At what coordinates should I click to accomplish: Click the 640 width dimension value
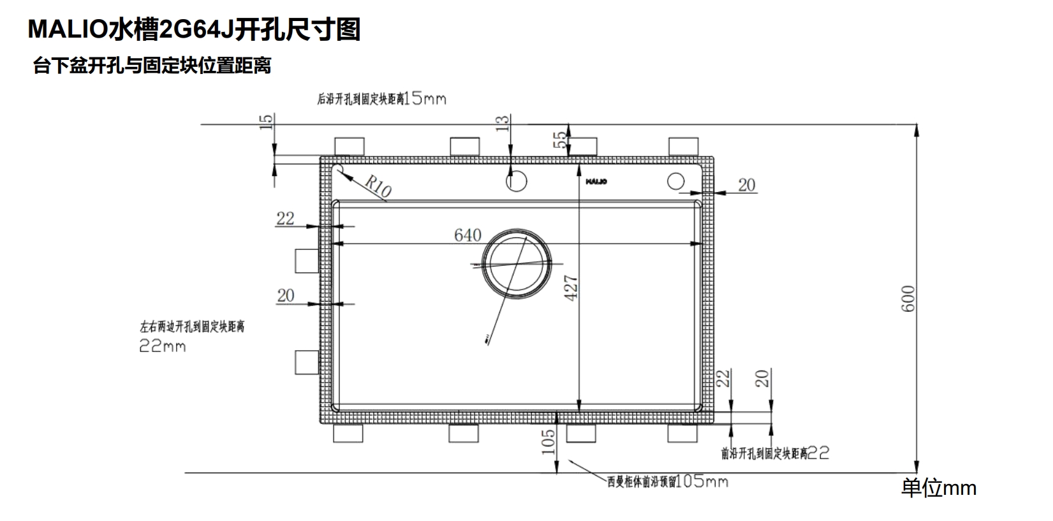point(468,235)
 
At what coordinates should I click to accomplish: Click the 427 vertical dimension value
point(571,288)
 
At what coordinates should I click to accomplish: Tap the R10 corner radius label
point(378,186)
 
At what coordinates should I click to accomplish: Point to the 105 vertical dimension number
point(549,441)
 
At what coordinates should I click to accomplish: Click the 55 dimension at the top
point(559,140)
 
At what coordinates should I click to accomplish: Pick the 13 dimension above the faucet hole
point(503,123)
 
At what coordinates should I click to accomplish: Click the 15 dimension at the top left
point(267,121)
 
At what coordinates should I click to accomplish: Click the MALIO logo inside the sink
point(596,182)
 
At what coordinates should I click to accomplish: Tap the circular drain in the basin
point(515,262)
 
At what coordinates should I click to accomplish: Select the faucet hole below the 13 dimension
point(517,181)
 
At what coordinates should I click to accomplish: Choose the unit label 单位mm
point(938,488)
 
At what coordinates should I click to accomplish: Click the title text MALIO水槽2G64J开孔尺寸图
point(194,29)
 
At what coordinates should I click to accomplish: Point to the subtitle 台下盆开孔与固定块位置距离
point(152,66)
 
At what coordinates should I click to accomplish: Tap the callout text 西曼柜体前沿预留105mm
point(667,481)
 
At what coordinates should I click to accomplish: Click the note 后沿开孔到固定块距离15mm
point(381,99)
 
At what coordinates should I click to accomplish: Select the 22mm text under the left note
point(163,346)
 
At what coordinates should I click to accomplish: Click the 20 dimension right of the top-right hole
point(747,185)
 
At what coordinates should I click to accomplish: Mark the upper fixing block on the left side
point(306,261)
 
